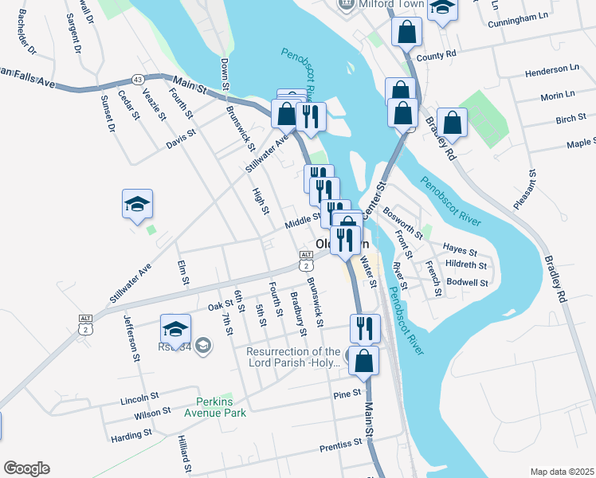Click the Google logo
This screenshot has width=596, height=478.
click(x=26, y=468)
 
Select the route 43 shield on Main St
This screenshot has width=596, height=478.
click(x=139, y=79)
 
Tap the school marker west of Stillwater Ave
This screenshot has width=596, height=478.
click(x=137, y=205)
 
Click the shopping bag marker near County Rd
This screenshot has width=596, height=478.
click(x=406, y=33)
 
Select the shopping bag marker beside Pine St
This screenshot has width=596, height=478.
click(x=363, y=361)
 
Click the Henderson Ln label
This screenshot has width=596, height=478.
click(x=551, y=72)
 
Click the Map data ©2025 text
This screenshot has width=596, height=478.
click(x=561, y=472)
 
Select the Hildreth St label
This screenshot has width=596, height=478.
click(x=467, y=264)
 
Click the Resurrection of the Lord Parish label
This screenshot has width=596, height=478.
click(x=293, y=357)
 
